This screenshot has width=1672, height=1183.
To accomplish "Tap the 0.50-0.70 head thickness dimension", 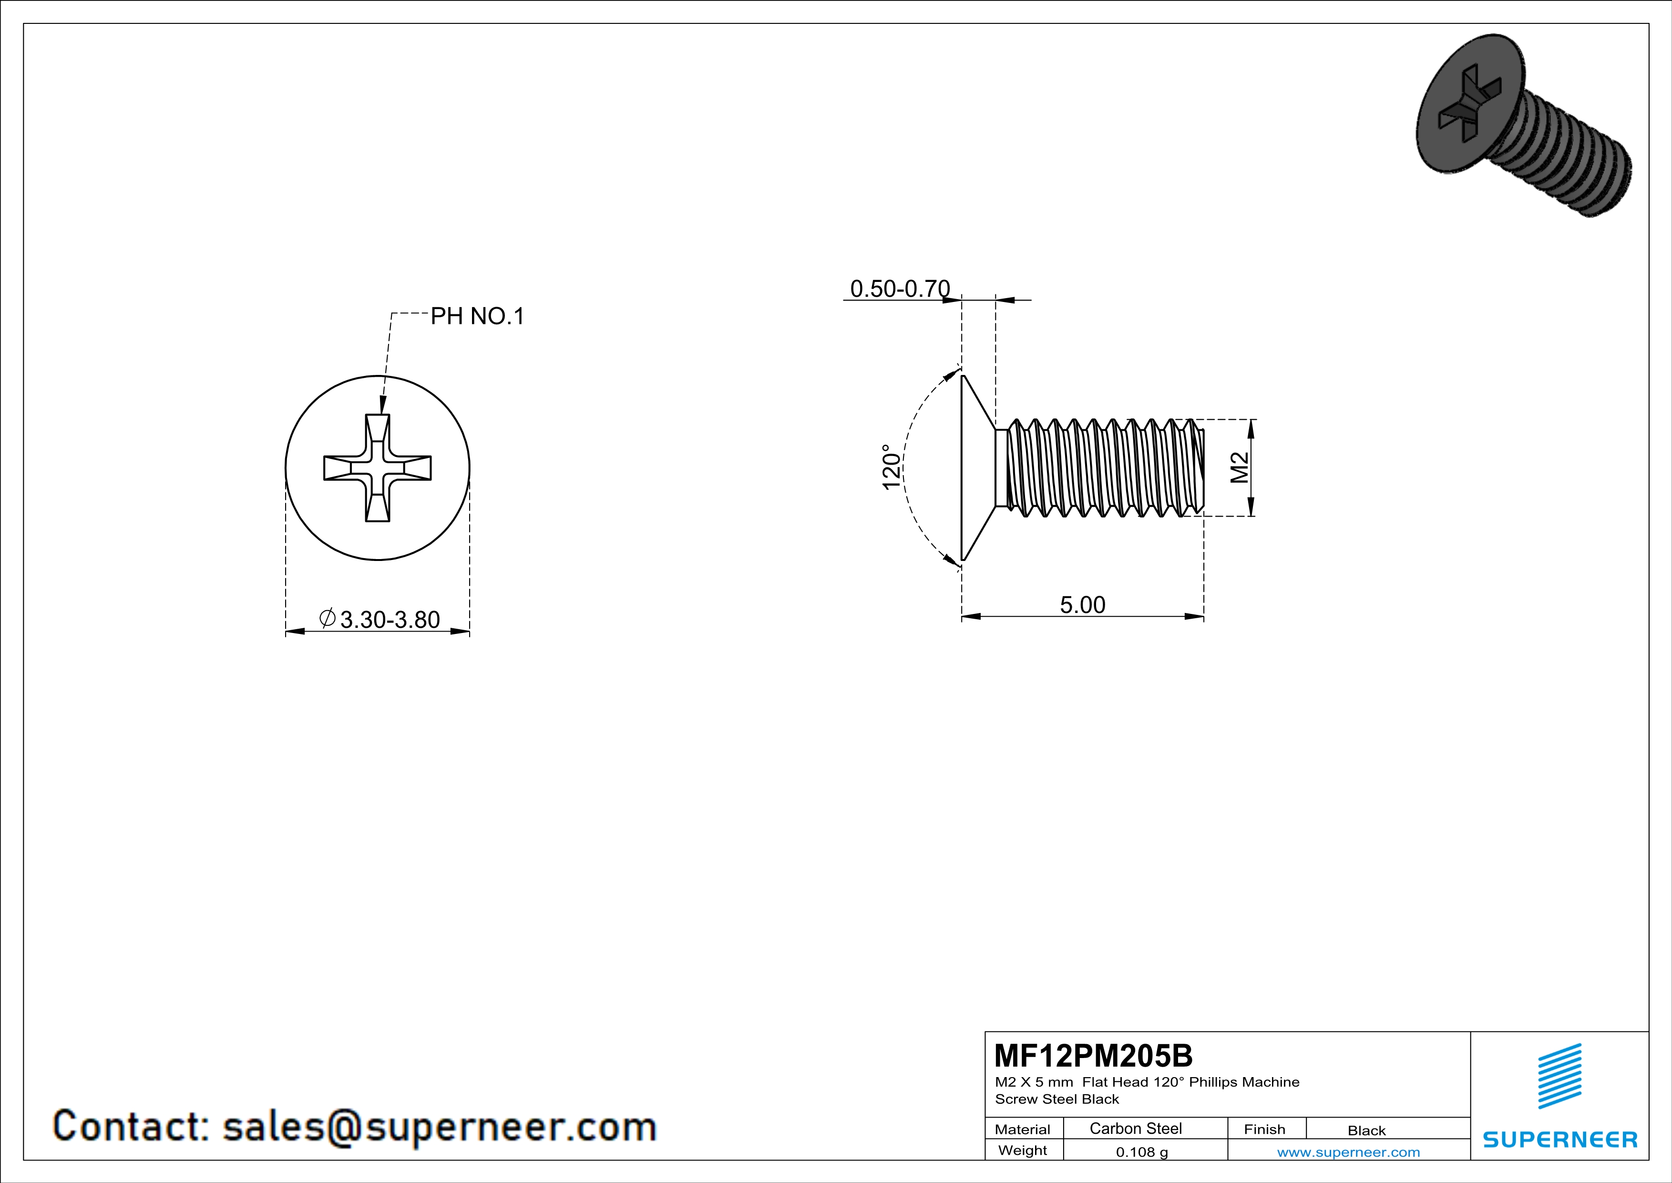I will [x=900, y=289].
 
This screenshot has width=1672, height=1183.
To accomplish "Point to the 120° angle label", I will [x=892, y=467].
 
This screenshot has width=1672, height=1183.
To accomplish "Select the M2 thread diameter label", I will [x=1240, y=467].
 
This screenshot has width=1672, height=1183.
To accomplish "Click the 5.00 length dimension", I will [x=1082, y=604].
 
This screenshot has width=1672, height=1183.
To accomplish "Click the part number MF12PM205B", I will [x=1093, y=1055].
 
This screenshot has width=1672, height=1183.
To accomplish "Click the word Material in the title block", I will [x=1023, y=1129].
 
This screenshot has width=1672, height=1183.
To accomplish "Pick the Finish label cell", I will [x=1264, y=1129].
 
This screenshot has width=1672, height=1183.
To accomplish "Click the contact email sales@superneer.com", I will [x=440, y=1126].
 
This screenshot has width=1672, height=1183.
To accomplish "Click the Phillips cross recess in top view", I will [x=377, y=467].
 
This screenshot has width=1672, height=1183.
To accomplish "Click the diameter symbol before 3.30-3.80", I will [x=328, y=619].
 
